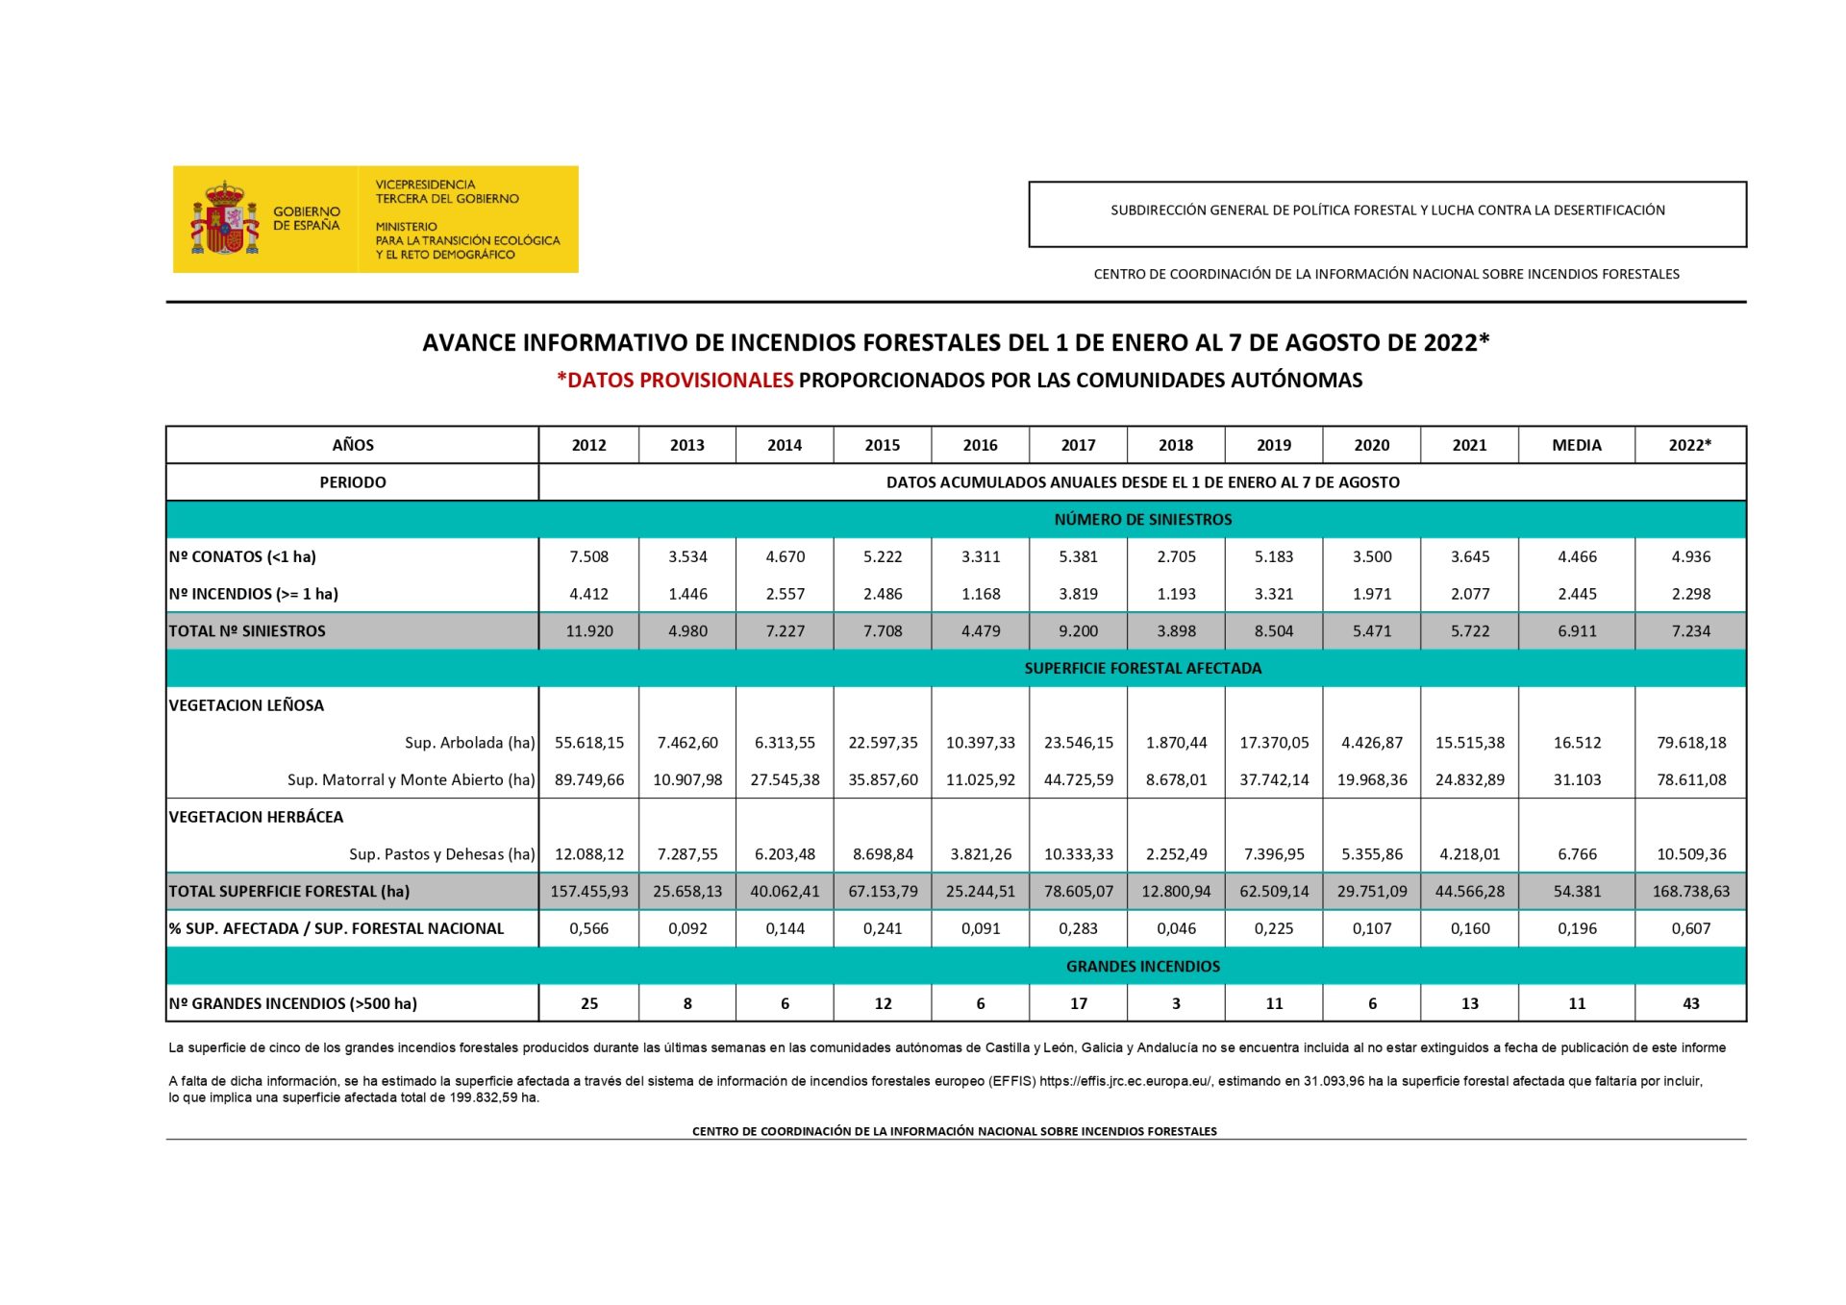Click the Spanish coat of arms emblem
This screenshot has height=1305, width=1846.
click(x=225, y=218)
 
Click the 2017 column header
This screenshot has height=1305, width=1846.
click(x=1078, y=445)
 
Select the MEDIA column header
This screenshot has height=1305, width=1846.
click(x=1576, y=445)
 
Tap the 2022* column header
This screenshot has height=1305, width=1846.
click(x=1689, y=445)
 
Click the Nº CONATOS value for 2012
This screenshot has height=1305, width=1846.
click(x=588, y=556)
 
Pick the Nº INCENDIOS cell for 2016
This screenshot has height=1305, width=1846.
click(x=980, y=594)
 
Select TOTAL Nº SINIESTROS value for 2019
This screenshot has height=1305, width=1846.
click(x=1273, y=631)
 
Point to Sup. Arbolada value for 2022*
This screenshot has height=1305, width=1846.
click(x=1690, y=743)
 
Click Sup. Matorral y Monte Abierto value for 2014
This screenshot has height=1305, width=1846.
click(x=785, y=779)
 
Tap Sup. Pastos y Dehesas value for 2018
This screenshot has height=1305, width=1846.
click(x=1175, y=854)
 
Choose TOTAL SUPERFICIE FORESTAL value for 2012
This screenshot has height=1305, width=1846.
click(x=588, y=892)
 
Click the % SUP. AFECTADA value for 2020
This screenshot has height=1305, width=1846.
click(x=1371, y=928)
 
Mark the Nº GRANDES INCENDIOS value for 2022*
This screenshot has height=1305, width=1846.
click(x=1690, y=1003)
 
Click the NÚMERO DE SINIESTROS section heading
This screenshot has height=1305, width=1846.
click(x=1142, y=520)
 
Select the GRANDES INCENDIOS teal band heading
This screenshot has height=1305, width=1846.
click(x=1142, y=967)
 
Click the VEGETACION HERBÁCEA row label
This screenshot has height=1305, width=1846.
click(x=256, y=817)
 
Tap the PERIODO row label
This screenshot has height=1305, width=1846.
click(x=352, y=482)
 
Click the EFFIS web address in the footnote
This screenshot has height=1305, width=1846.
click(x=1125, y=1081)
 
